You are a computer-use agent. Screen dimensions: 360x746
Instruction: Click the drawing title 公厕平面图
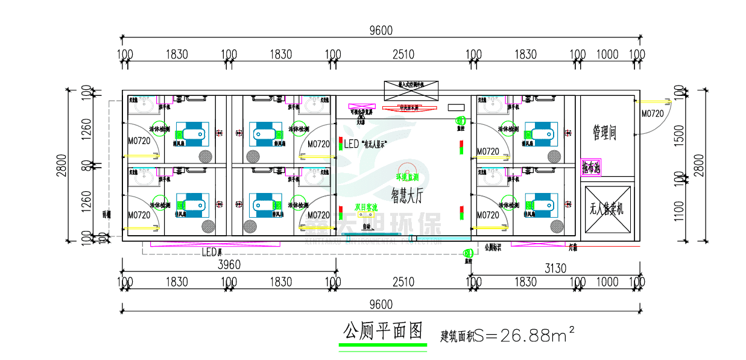(x=382, y=331)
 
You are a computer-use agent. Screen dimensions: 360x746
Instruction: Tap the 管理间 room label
(x=604, y=133)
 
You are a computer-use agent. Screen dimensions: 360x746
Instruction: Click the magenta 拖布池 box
(x=591, y=167)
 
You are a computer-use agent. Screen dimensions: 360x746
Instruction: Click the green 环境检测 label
(x=407, y=178)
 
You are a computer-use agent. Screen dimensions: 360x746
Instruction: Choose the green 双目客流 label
(x=365, y=207)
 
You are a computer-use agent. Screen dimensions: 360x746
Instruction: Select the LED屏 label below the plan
(x=212, y=252)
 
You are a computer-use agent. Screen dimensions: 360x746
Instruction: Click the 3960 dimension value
(x=229, y=265)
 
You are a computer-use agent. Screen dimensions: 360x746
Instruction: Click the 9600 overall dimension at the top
(x=381, y=31)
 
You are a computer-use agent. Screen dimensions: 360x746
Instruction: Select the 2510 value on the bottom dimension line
(x=403, y=282)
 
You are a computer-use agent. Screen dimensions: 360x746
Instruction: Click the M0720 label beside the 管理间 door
(x=652, y=113)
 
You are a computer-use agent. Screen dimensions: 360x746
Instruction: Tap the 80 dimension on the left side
(x=87, y=164)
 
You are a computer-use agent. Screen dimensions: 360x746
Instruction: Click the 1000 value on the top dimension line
(x=607, y=55)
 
